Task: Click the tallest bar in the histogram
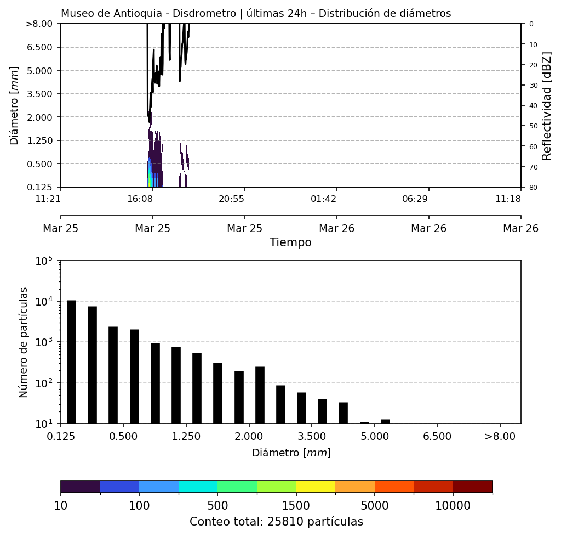click(x=71, y=362)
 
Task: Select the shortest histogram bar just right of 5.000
click(x=385, y=421)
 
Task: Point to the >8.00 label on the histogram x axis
click(x=500, y=437)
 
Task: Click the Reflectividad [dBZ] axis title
click(x=547, y=105)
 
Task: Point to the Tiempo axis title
click(x=290, y=242)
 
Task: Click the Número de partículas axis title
click(x=24, y=342)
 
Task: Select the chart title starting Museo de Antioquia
click(x=256, y=14)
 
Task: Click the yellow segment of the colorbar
click(x=316, y=487)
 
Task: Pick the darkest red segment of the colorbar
click(x=472, y=487)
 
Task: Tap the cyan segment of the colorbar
click(x=198, y=487)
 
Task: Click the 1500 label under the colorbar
click(x=296, y=505)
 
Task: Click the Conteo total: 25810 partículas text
click(x=276, y=522)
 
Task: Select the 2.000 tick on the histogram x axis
click(x=249, y=437)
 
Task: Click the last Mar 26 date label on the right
click(x=520, y=228)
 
